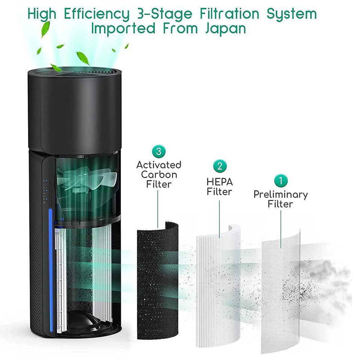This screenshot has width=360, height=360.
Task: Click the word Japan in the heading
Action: [225, 29]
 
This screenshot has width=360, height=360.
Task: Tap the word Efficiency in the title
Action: [97, 14]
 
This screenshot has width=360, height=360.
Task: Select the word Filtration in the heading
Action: [229, 13]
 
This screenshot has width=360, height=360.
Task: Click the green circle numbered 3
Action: [159, 151]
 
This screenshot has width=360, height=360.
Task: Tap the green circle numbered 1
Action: [281, 181]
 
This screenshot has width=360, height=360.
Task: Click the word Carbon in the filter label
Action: [159, 175]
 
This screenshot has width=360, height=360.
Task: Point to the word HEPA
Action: [220, 182]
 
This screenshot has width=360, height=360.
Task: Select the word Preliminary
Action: [280, 195]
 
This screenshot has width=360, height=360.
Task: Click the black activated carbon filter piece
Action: [157, 281]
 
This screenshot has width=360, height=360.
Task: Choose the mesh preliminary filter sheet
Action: [280, 292]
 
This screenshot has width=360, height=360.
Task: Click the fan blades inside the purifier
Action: [87, 178]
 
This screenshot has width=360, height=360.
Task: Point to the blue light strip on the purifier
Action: [51, 270]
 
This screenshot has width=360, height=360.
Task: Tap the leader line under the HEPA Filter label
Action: [219, 219]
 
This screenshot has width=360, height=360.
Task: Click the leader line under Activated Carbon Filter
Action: [158, 209]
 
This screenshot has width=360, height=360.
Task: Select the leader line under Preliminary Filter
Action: [280, 229]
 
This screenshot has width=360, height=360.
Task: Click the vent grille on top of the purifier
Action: [75, 72]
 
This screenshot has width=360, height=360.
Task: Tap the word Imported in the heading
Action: [123, 29]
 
